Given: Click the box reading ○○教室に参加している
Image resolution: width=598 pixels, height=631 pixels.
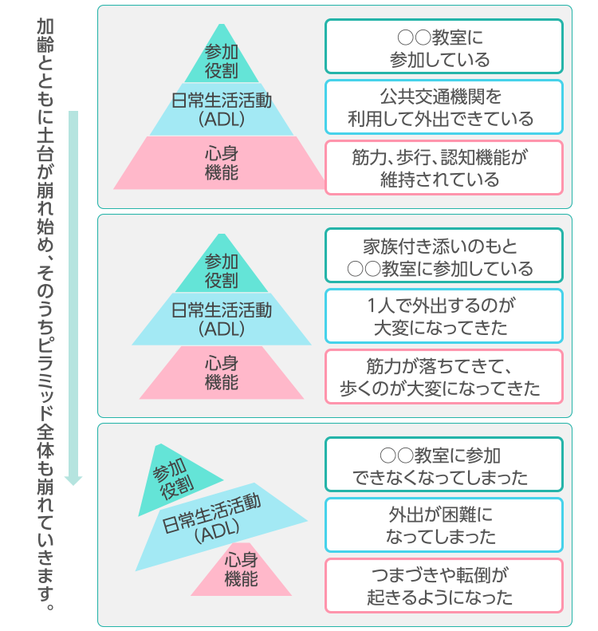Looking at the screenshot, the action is (443, 46).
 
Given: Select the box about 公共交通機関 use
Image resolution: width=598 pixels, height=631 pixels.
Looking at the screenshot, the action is (443, 107).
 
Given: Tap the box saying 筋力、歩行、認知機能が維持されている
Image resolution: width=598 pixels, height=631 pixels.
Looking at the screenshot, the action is (443, 168).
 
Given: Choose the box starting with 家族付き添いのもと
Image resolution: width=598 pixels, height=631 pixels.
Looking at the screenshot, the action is (443, 255).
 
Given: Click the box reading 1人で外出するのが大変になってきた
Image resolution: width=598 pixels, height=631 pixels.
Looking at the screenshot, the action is (443, 316).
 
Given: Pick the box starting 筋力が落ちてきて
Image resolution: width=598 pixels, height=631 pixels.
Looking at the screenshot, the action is (443, 377).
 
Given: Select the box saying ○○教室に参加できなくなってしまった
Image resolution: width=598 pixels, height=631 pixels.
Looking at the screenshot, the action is (443, 464).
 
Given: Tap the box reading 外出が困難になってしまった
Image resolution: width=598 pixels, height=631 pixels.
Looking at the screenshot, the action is (443, 525).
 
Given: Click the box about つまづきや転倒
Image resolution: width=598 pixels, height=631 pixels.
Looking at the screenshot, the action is (443, 586).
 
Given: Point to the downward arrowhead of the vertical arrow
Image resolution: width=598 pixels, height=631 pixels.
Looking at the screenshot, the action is (73, 481).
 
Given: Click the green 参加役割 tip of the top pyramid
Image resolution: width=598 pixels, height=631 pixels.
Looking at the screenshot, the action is (221, 61).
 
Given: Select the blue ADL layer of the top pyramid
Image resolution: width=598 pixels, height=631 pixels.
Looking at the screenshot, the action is (222, 109).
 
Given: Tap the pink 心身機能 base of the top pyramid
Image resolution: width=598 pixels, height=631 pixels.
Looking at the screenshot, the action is (220, 163).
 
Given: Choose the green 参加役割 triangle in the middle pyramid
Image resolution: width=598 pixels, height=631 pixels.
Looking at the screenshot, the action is (221, 270).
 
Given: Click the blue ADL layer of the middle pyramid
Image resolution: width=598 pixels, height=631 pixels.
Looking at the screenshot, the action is (222, 319).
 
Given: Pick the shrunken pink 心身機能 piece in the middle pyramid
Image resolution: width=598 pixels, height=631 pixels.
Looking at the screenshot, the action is (222, 373).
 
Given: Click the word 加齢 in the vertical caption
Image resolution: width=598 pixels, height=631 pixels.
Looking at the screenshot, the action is (45, 35).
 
